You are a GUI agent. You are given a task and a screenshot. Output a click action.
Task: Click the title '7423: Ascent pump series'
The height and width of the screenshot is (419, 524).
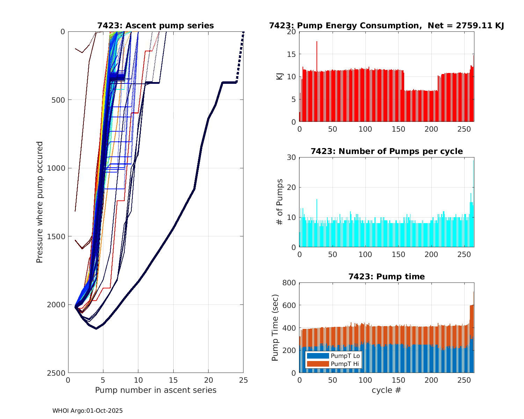(x=155, y=25)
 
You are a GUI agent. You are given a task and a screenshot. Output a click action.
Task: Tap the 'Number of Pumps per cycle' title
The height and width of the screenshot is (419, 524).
(x=386, y=151)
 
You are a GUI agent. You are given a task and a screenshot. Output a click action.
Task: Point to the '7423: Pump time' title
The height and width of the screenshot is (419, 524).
(x=386, y=277)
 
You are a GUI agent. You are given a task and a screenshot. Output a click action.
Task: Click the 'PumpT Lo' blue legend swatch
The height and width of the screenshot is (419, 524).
(x=318, y=356)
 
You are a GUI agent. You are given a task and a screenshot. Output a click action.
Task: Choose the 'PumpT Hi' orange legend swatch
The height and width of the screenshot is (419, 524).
(x=318, y=364)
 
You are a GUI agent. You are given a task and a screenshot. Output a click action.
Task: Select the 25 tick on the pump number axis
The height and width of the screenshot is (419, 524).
(x=243, y=380)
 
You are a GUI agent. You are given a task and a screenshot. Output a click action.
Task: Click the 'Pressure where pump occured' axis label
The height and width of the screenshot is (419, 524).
(x=40, y=202)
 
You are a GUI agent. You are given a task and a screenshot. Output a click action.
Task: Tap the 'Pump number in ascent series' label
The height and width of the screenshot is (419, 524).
(x=155, y=390)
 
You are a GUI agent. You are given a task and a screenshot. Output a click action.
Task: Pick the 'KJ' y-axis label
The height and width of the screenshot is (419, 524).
(x=279, y=76)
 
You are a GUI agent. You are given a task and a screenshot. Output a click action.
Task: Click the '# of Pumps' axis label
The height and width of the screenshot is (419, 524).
(x=279, y=202)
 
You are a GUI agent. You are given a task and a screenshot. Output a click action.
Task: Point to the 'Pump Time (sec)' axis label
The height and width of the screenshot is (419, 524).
(x=275, y=328)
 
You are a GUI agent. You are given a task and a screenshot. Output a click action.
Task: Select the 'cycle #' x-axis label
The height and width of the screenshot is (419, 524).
(x=386, y=390)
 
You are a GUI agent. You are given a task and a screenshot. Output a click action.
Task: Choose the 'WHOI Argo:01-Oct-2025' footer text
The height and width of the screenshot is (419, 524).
(x=87, y=411)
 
